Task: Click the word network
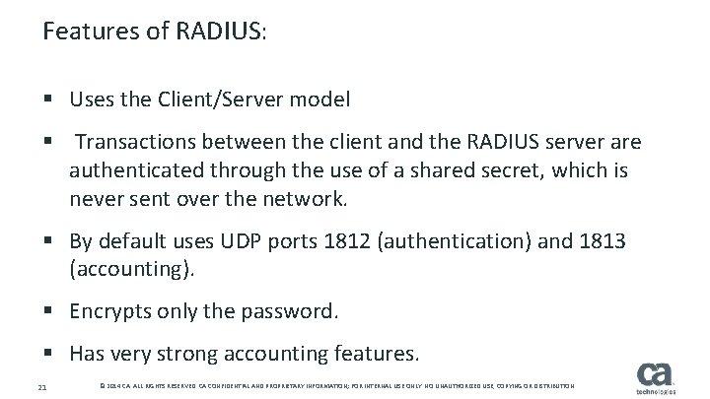[x=304, y=200]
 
